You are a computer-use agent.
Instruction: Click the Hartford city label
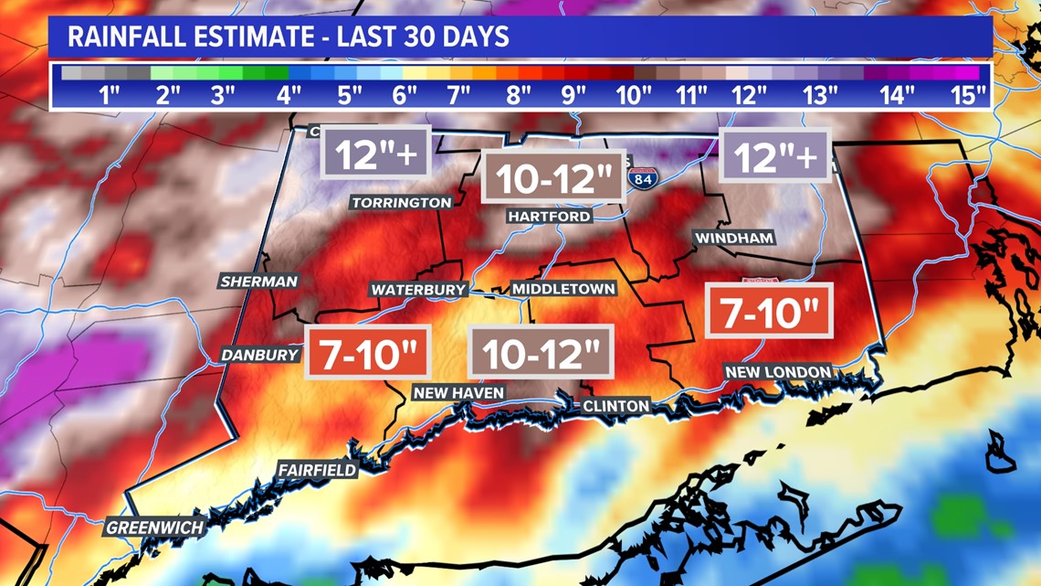pyautogui.click(x=550, y=217)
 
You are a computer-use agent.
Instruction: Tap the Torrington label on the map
pyautogui.click(x=401, y=202)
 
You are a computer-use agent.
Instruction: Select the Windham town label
pyautogui.click(x=734, y=239)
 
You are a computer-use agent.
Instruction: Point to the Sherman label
pyautogui.click(x=259, y=282)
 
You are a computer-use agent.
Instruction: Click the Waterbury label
pyautogui.click(x=418, y=290)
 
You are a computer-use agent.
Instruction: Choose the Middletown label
pyautogui.click(x=563, y=289)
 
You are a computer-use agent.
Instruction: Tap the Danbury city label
pyautogui.click(x=261, y=355)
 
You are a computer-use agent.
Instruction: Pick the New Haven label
pyautogui.click(x=458, y=393)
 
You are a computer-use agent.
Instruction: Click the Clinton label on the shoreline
pyautogui.click(x=616, y=406)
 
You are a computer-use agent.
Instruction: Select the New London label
pyautogui.click(x=778, y=372)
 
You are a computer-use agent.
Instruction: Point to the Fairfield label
pyautogui.click(x=318, y=470)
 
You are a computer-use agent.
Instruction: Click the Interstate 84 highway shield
pyautogui.click(x=643, y=177)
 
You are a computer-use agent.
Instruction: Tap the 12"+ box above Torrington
pyautogui.click(x=375, y=154)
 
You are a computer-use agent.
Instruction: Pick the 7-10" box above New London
pyautogui.click(x=769, y=312)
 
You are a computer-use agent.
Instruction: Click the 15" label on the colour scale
pyautogui.click(x=968, y=94)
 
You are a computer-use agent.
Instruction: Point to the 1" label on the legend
pyautogui.click(x=110, y=94)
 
